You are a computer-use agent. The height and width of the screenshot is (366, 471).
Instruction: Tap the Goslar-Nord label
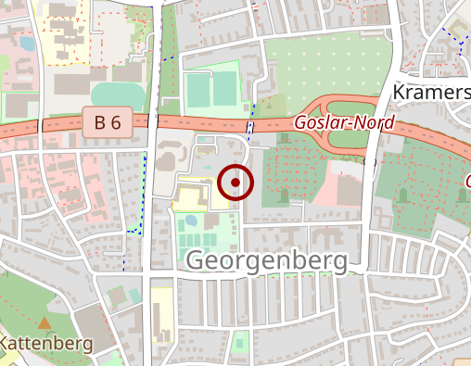pyautogui.click(x=344, y=122)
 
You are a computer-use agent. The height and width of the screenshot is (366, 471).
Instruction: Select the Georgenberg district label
pyautogui.click(x=267, y=260)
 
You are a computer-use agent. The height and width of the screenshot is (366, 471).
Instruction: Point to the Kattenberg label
pyautogui.click(x=46, y=344)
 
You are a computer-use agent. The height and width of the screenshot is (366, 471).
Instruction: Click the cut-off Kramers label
pyautogui.click(x=431, y=93)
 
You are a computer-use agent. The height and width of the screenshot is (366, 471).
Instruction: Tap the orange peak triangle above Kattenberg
pyautogui.click(x=44, y=324)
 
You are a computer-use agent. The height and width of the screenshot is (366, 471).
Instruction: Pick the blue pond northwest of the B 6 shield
pyautogui.click(x=26, y=43)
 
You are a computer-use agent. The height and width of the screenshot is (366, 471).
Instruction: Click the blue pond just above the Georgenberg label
pyautogui.click(x=190, y=221)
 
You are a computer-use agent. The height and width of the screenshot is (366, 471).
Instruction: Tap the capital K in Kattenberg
pyautogui.click(x=6, y=344)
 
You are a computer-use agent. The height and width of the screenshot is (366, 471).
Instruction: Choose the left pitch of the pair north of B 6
pyautogui.click(x=198, y=91)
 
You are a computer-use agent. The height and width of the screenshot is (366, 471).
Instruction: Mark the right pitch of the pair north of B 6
pyautogui.click(x=224, y=90)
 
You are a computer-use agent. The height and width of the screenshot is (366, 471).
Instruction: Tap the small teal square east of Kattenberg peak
pyautogui.click(x=134, y=296)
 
